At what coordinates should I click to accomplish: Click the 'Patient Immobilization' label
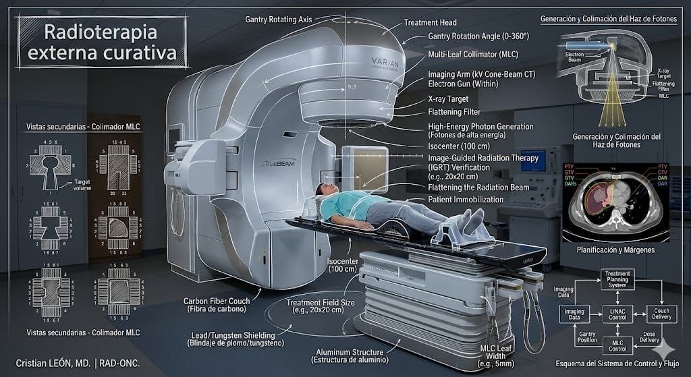coord(466,200)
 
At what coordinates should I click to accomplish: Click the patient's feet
coord(472,219)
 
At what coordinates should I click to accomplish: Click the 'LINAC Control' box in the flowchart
coord(617,313)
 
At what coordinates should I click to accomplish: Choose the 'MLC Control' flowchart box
coord(617,345)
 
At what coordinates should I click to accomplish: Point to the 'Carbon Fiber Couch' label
coord(216,305)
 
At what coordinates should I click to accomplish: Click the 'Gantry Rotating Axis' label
coord(278,20)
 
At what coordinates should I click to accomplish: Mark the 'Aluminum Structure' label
coord(350,355)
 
